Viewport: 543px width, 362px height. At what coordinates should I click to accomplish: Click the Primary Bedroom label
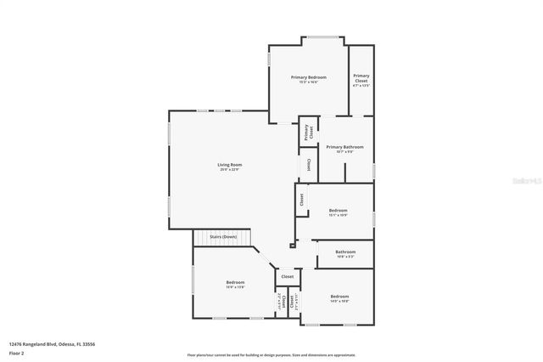click(x=309, y=77)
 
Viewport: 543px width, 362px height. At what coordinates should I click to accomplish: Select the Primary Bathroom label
click(x=344, y=147)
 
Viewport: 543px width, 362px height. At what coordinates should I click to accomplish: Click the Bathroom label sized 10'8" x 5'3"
click(x=345, y=252)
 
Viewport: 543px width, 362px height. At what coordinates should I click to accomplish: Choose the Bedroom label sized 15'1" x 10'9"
click(x=338, y=210)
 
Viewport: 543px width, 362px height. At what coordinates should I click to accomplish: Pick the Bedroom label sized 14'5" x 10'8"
click(x=339, y=297)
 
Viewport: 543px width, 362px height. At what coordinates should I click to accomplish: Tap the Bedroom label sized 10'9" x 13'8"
click(x=235, y=282)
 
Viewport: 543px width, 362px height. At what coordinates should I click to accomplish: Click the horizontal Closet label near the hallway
click(x=288, y=276)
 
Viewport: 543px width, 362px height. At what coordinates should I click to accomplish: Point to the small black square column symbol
click(x=293, y=246)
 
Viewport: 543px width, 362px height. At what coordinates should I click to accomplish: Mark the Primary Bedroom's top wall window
click(x=320, y=37)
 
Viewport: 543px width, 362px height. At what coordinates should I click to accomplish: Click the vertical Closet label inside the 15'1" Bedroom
click(x=301, y=200)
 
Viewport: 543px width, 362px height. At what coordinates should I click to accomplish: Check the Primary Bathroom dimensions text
click(x=344, y=152)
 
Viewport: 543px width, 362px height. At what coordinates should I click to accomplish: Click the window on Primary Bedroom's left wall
click(x=270, y=60)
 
